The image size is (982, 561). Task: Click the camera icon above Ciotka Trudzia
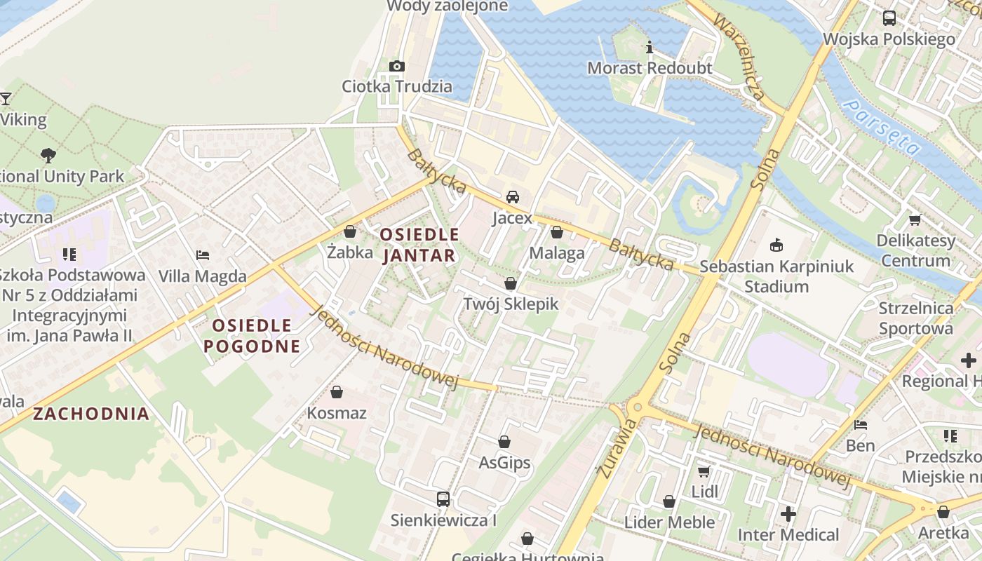(396, 66)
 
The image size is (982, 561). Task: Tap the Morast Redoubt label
(650, 68)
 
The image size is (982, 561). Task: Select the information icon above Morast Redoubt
(650, 48)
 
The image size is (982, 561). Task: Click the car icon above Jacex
(513, 197)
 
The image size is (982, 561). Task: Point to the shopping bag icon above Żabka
(350, 231)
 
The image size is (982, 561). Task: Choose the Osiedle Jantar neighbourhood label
(419, 244)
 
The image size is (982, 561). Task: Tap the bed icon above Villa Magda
(203, 255)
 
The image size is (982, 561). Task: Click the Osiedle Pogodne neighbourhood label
(252, 335)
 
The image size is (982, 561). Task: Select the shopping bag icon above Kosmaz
(337, 392)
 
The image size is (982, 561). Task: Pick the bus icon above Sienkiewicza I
(443, 499)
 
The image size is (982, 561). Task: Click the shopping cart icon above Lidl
(704, 471)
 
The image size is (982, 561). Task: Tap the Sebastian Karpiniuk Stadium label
(776, 276)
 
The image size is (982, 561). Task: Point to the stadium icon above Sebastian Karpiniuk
(776, 245)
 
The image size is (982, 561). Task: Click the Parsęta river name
(882, 127)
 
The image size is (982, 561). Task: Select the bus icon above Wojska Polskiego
(889, 18)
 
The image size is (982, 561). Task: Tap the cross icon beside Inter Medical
(788, 515)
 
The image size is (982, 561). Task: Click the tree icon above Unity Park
(48, 155)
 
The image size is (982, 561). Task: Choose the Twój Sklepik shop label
(511, 304)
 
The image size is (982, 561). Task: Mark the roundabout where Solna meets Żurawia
(636, 407)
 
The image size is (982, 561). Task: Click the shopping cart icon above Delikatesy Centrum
(915, 220)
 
